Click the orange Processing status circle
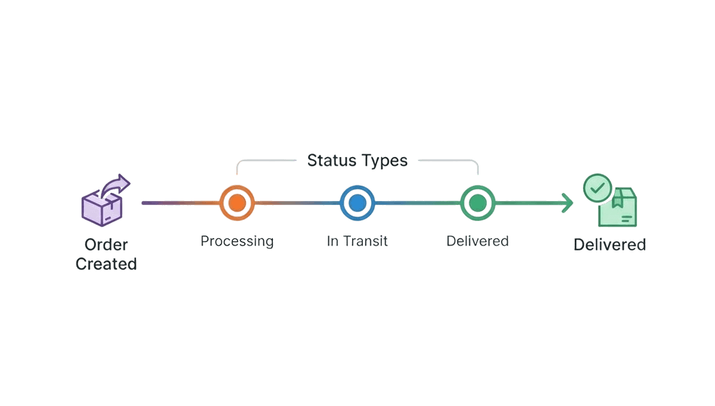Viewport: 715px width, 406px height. [x=237, y=202]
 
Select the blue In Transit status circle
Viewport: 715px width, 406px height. [x=357, y=202]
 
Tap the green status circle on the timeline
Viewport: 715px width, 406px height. [x=477, y=202]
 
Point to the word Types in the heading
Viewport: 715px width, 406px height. [x=384, y=160]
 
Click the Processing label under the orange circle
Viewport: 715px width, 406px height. [x=237, y=241]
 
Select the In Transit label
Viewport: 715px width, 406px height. [x=357, y=241]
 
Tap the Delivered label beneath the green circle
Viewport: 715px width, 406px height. [x=477, y=241]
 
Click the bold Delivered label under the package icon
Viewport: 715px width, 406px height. [x=609, y=244]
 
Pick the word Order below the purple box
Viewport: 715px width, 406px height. [x=106, y=244]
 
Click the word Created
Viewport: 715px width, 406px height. [x=106, y=264]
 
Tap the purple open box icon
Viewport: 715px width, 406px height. [x=102, y=208]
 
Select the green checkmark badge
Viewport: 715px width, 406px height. [x=597, y=188]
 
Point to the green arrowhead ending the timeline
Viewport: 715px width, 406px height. [x=567, y=202]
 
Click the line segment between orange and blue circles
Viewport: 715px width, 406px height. [x=297, y=202]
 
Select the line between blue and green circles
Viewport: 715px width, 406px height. [x=417, y=202]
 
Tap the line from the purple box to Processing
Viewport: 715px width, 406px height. [x=180, y=202]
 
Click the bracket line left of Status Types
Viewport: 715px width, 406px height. [x=264, y=161]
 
